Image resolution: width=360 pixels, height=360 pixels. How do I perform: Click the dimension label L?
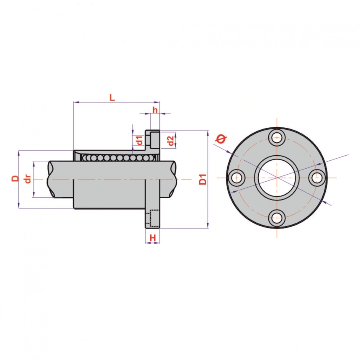(112, 98)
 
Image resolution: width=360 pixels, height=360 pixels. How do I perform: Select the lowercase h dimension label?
(155, 110)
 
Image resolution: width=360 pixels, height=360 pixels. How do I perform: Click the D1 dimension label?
(203, 179)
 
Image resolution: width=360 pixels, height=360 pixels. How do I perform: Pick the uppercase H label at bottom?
(153, 238)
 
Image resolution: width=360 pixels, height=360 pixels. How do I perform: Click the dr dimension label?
(28, 179)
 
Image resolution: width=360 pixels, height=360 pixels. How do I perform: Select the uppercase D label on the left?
(15, 178)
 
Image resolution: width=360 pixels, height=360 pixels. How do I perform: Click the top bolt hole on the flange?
(277, 137)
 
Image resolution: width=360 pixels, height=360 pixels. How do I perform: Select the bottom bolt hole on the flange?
(277, 218)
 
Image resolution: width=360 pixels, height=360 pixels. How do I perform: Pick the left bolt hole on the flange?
(237, 177)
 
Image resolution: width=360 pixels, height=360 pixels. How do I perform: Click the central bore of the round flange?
(277, 177)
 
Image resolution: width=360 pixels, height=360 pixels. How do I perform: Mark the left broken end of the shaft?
(51, 179)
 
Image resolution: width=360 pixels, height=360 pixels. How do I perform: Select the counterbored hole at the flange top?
(153, 139)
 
